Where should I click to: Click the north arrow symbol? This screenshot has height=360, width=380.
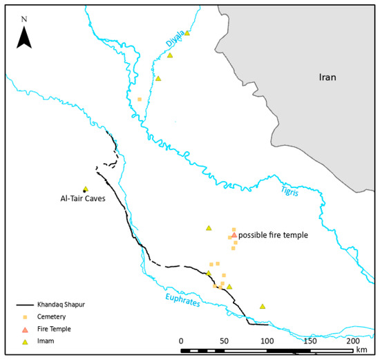click(25, 35)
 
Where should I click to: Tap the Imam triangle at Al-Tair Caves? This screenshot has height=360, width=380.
click(86, 189)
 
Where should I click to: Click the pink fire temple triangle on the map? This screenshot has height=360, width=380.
click(234, 235)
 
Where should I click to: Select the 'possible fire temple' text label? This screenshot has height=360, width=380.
click(273, 236)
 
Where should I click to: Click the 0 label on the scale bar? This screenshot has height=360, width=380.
click(180, 341)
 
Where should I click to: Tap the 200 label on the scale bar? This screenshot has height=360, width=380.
click(352, 341)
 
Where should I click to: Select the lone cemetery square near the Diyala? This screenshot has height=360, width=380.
click(140, 100)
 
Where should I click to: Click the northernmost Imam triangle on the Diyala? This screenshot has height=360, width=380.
click(187, 32)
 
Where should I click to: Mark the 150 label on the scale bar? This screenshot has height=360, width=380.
click(310, 341)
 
